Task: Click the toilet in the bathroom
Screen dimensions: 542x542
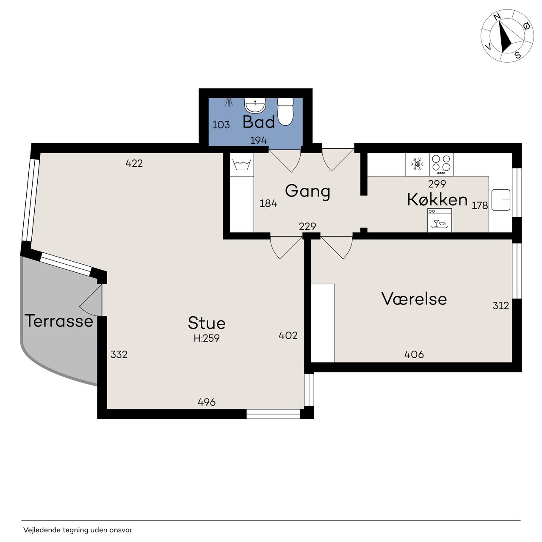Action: [x=285, y=111]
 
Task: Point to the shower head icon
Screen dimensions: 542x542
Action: [x=229, y=102]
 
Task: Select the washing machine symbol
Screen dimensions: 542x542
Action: [x=242, y=165]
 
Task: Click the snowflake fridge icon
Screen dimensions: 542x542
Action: [x=417, y=164]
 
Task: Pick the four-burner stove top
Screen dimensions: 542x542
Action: [x=441, y=164]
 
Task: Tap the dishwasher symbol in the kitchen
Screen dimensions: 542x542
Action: [x=440, y=220]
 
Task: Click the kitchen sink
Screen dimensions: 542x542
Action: [x=501, y=200]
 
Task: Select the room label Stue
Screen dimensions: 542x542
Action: [x=207, y=323]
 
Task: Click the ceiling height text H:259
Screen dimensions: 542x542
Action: [x=207, y=338]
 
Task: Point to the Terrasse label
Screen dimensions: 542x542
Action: [x=59, y=321]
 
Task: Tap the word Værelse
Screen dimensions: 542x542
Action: [x=414, y=299]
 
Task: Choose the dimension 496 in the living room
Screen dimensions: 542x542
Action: [x=207, y=402]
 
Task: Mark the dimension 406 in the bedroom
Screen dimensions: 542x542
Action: [x=414, y=354]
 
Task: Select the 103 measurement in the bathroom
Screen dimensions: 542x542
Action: [x=221, y=124]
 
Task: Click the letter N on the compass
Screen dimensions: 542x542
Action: [x=497, y=17]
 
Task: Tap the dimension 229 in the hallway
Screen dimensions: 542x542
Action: [x=307, y=226]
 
